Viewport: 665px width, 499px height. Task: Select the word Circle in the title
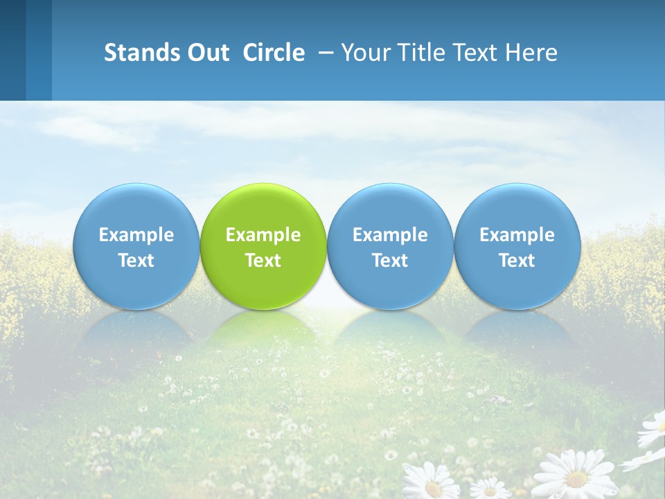[x=274, y=53]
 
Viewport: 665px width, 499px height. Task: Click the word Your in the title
[x=366, y=53]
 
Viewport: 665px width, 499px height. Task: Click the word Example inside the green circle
[x=263, y=235]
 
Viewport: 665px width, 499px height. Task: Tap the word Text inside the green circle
[x=263, y=261]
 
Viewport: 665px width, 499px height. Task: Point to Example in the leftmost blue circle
[x=136, y=235]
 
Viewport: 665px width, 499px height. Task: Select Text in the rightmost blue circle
[x=517, y=261]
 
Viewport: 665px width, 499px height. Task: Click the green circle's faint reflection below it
[x=263, y=333]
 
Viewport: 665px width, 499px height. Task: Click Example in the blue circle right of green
[x=390, y=235]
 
